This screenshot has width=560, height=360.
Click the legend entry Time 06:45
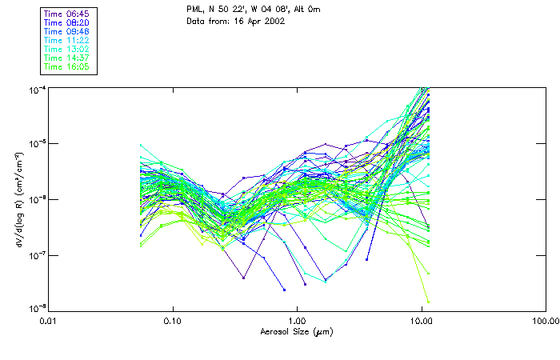(67, 14)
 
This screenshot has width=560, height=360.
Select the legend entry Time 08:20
(67, 22)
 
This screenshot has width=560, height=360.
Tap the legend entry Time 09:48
(67, 31)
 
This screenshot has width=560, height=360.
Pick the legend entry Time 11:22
(67, 40)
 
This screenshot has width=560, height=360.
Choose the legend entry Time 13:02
(67, 49)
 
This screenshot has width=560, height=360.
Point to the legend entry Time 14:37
(67, 58)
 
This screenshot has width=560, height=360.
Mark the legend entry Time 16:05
(67, 66)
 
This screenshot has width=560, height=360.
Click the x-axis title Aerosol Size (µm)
(296, 330)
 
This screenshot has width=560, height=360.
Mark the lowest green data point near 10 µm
(428, 302)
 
